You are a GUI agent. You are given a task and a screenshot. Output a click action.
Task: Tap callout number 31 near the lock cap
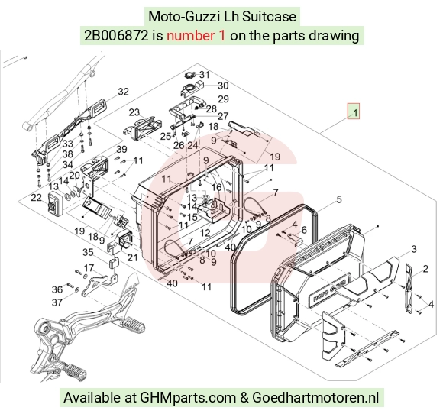205,75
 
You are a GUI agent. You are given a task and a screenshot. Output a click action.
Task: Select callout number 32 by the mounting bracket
123,92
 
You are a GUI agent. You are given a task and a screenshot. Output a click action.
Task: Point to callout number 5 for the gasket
339,199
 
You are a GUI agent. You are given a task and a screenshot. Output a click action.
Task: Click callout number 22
36,198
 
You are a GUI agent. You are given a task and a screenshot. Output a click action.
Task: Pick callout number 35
88,252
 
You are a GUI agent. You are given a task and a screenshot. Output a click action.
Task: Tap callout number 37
57,302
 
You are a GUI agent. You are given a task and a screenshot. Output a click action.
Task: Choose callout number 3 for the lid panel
414,249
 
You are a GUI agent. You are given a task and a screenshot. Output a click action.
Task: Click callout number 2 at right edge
425,268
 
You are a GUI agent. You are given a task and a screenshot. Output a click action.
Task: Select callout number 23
134,112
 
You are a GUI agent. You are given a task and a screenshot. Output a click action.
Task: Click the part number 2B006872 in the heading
116,36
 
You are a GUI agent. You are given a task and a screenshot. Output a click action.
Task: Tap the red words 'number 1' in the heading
196,36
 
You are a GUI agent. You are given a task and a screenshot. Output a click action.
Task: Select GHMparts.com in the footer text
188,398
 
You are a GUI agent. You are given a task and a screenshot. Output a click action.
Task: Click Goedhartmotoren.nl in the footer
315,398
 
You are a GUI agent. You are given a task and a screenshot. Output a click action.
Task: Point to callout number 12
205,233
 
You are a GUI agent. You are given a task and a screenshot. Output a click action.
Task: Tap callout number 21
132,257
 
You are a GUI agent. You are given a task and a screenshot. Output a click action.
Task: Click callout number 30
223,86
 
